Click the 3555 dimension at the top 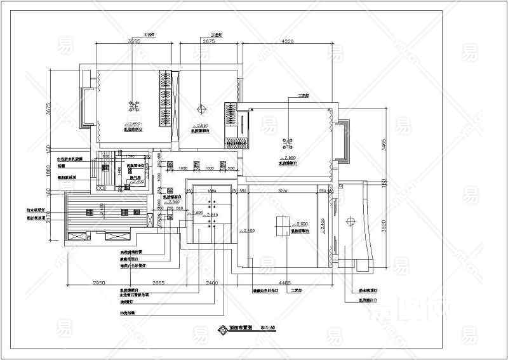tap(133, 41)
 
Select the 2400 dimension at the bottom tap(211, 282)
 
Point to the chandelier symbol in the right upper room tap(288, 142)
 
